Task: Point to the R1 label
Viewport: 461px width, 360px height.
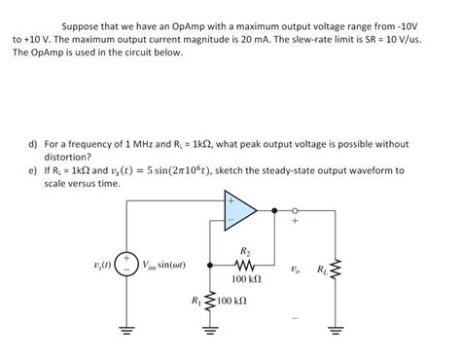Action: click(x=198, y=300)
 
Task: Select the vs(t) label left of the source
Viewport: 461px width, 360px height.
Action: click(x=97, y=263)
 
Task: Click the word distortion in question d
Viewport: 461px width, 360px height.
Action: click(x=67, y=157)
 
